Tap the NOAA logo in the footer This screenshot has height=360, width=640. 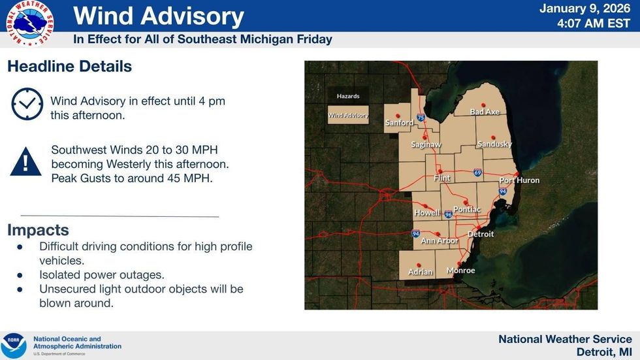tap(14, 345)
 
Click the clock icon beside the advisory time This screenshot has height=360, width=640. tap(27, 104)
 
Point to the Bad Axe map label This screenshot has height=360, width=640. tap(485, 112)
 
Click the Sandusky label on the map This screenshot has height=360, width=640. tap(494, 144)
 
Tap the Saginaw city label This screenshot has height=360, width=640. tap(426, 144)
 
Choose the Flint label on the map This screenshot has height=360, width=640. tap(442, 178)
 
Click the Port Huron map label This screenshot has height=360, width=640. tap(519, 180)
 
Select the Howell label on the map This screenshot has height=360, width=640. tap(426, 213)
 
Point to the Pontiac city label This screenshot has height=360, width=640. tap(466, 210)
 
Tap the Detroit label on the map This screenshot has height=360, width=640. tap(481, 234)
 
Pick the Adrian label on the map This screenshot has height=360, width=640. tap(421, 272)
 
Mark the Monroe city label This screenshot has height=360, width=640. tap(460, 270)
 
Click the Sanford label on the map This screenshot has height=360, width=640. tap(399, 123)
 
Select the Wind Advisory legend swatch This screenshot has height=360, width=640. tap(348, 115)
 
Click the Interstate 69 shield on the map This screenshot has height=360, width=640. tap(478, 173)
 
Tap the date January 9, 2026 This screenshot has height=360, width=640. tap(586, 9)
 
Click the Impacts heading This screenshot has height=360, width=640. tap(38, 230)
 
